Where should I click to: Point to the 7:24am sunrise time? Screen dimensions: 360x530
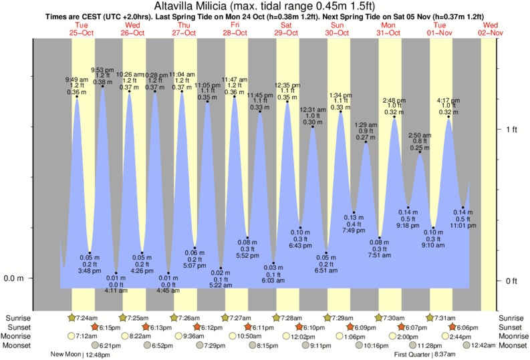coord(89,317)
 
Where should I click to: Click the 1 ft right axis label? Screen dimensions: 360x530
coord(511,129)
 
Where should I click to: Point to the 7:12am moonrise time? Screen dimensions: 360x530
coord(87,336)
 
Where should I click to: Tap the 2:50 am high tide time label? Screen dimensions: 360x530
coord(420,135)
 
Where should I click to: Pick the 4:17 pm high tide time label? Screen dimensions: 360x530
coord(448,100)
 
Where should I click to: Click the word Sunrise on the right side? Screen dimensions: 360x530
coord(511,317)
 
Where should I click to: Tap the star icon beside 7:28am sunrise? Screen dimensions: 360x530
coord(276,317)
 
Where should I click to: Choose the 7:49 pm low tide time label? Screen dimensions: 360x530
coord(354,230)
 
